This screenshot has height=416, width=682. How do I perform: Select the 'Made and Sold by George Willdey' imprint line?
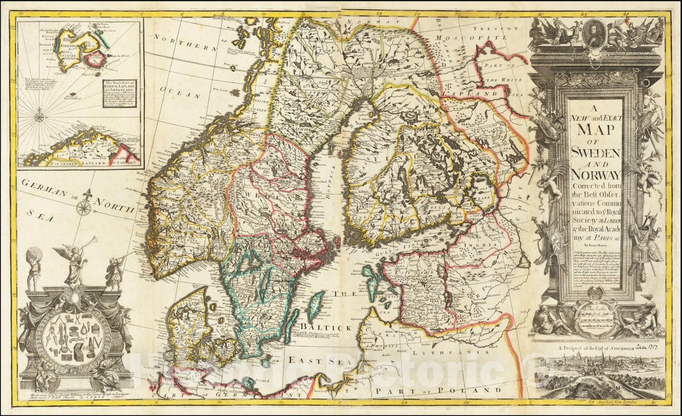pyautogui.click(x=77, y=393)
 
